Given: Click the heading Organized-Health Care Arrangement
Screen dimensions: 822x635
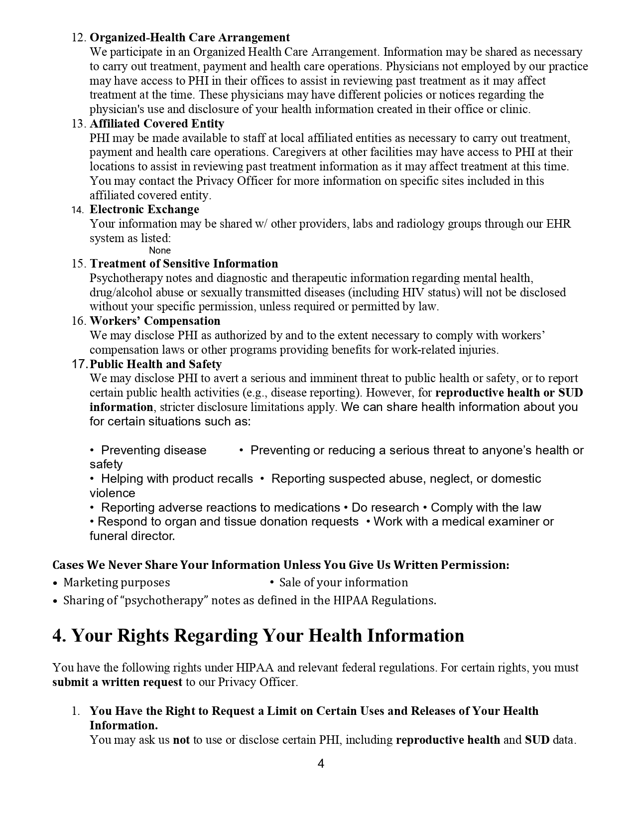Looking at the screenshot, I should click(190, 38).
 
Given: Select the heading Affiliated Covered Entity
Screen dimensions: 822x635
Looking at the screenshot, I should click(157, 124).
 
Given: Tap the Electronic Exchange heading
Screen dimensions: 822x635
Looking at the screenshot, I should click(144, 209).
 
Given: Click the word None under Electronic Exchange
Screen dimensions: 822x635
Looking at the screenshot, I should click(160, 251).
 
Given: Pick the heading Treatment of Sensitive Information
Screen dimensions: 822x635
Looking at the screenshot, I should click(184, 264).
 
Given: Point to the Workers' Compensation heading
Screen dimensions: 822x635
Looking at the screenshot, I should click(155, 321).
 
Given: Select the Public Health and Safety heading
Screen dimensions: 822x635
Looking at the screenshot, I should click(156, 364).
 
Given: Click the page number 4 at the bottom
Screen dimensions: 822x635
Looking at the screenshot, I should click(321, 764).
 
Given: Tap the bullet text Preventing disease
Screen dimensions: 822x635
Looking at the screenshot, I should click(153, 450).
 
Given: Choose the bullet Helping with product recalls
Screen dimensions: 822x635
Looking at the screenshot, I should click(177, 479).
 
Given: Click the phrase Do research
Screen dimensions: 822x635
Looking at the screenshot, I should click(385, 508).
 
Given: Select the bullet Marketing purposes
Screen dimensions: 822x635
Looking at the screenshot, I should click(117, 582).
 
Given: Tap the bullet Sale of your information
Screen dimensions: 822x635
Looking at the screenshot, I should click(344, 582).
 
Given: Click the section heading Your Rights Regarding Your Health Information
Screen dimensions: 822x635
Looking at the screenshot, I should click(258, 636).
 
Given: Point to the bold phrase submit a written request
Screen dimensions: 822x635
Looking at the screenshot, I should click(118, 682).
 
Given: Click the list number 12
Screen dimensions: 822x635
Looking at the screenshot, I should click(79, 38).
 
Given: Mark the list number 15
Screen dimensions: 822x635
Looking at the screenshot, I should click(79, 264).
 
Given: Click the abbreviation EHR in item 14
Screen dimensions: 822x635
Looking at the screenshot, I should click(559, 224).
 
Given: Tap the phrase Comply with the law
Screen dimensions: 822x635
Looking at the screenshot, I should click(486, 508).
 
